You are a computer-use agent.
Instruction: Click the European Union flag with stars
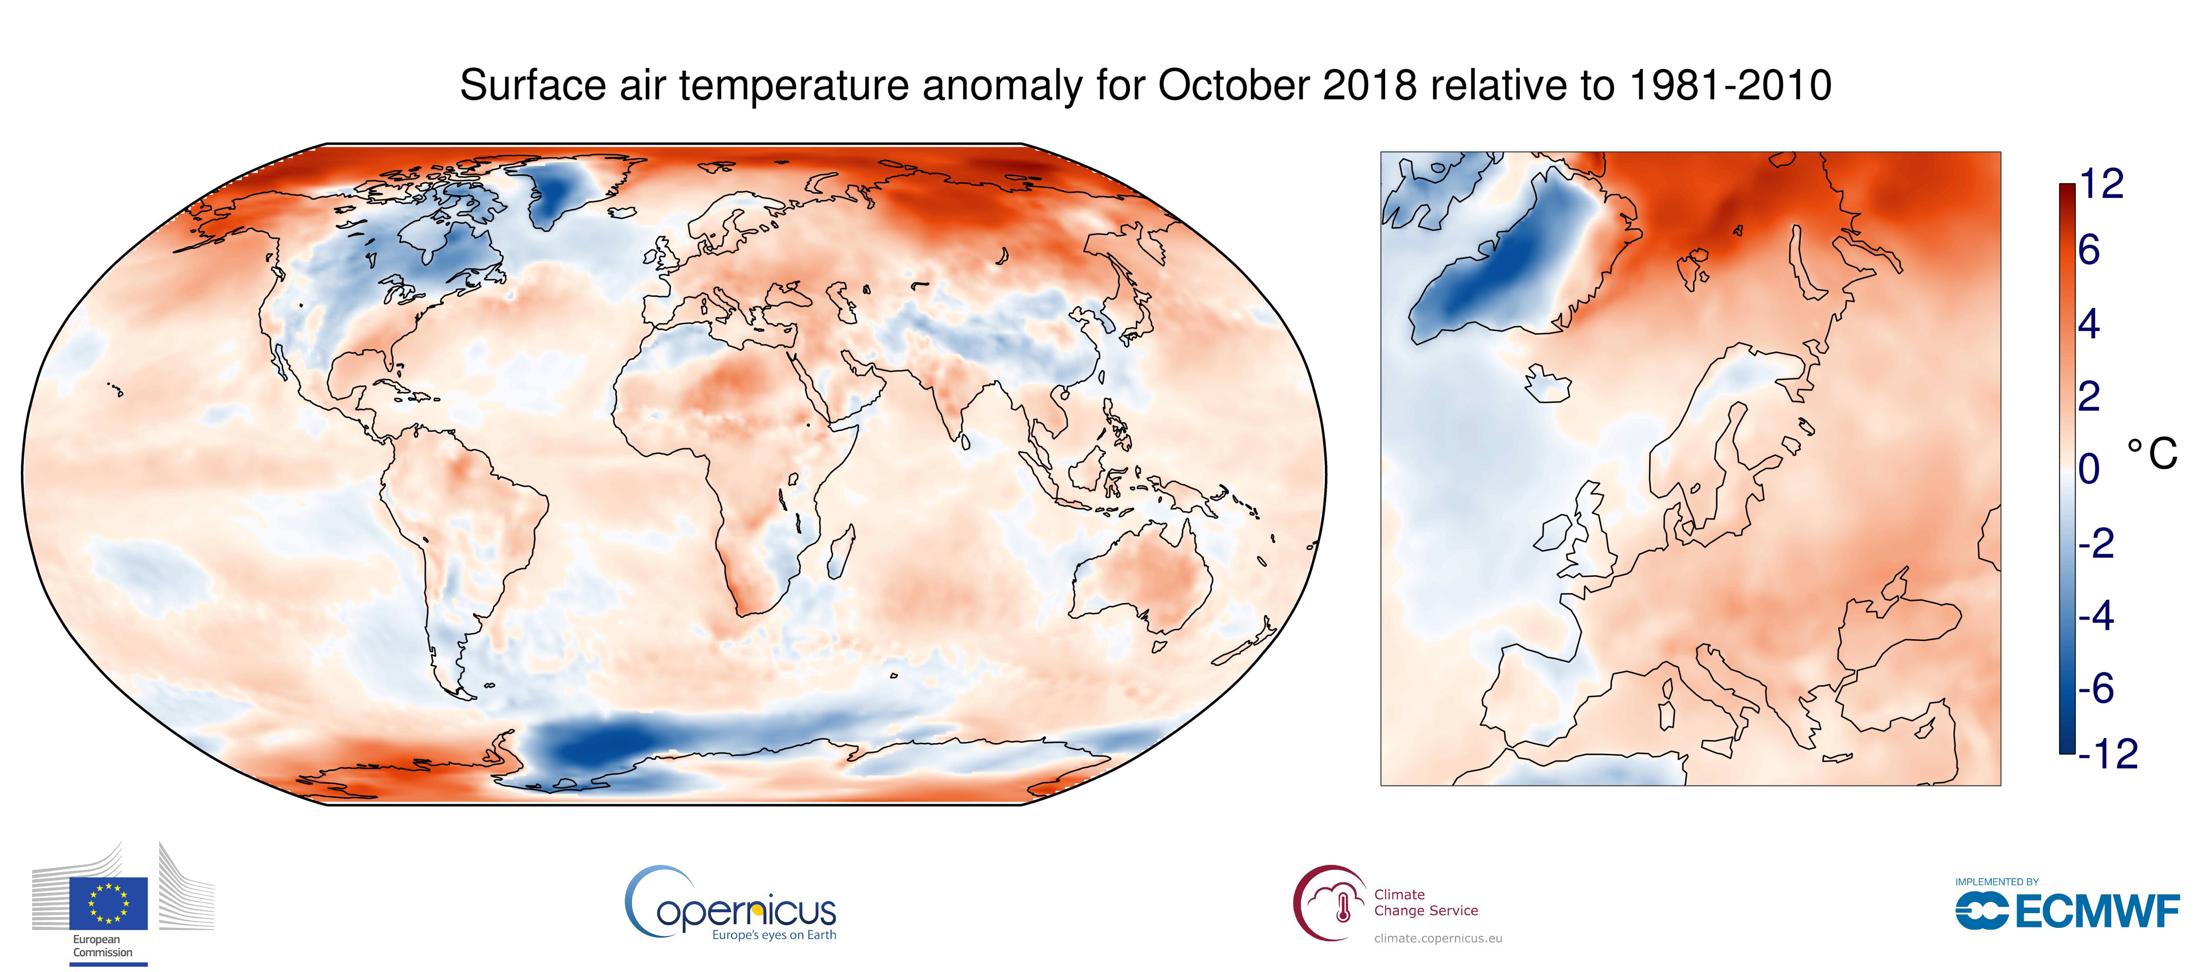click(x=108, y=902)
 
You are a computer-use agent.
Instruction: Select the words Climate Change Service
click(x=1425, y=902)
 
